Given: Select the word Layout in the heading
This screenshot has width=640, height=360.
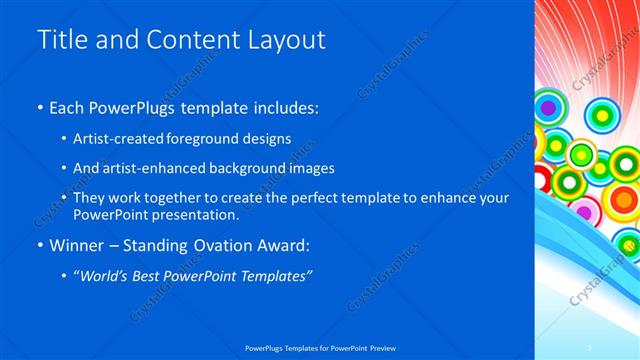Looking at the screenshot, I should (285, 40).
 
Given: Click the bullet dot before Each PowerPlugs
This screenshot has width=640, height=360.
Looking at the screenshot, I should (40, 108).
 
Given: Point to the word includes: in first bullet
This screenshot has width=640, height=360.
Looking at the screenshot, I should (287, 108).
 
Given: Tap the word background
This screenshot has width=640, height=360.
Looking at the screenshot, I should (249, 169).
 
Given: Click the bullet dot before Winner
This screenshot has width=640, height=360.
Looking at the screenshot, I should (40, 246).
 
